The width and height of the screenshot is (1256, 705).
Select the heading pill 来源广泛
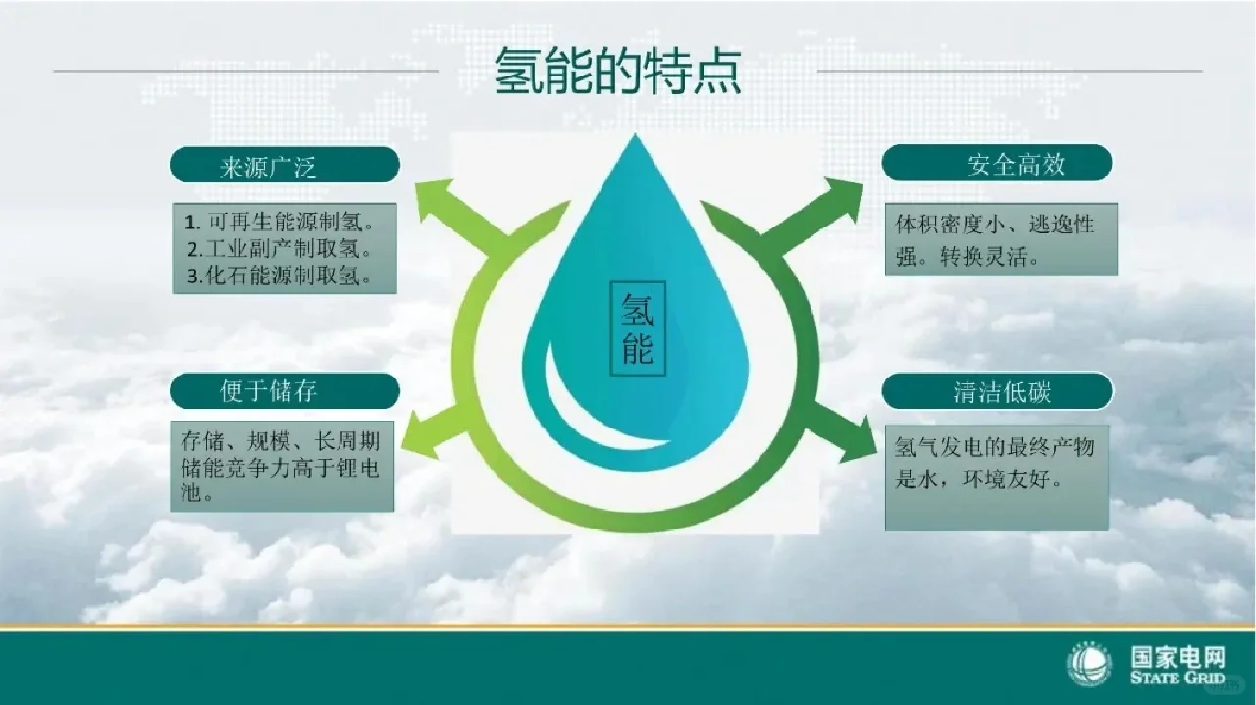[285, 166]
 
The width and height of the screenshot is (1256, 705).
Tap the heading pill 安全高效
[997, 164]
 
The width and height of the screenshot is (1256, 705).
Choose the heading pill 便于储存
[285, 391]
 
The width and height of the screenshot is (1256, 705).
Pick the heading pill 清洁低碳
[997, 391]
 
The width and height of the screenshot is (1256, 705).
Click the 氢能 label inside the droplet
[638, 329]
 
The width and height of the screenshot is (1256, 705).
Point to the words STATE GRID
[1177, 678]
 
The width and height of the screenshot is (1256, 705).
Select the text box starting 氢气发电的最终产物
[997, 478]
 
